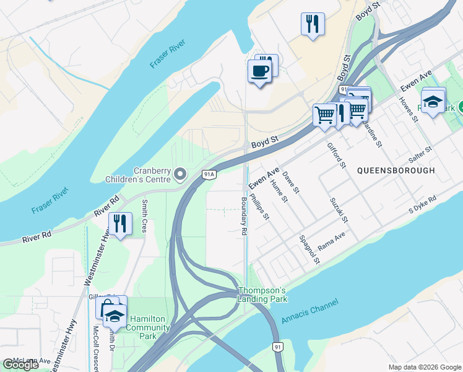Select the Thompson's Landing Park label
click(x=262, y=294)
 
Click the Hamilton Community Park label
click(x=147, y=327)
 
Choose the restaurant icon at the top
click(x=313, y=24)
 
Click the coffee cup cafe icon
click(x=259, y=71)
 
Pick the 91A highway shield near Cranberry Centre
click(x=209, y=175)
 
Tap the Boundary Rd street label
click(x=244, y=215)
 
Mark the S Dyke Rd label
click(x=423, y=206)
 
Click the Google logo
click(x=20, y=365)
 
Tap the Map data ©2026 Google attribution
click(x=425, y=367)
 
